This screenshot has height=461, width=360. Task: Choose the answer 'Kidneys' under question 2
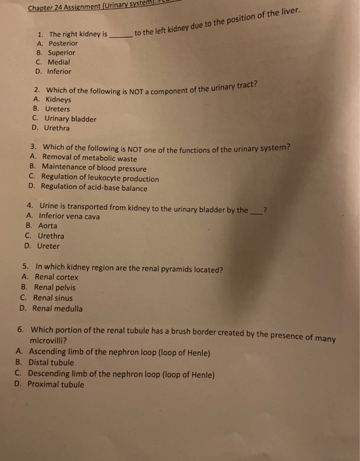[58, 99]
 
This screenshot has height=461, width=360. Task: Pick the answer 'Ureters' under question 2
[57, 109]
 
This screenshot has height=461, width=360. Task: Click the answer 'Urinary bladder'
[70, 119]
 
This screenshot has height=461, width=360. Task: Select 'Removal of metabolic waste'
[90, 158]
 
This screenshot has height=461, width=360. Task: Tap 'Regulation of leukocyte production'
[99, 178]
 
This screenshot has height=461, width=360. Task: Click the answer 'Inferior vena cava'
[69, 216]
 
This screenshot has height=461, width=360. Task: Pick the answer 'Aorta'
[48, 226]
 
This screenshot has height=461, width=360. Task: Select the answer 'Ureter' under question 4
[48, 246]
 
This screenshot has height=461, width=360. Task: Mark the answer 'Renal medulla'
[57, 308]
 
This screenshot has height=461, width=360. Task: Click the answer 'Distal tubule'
[51, 363]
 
